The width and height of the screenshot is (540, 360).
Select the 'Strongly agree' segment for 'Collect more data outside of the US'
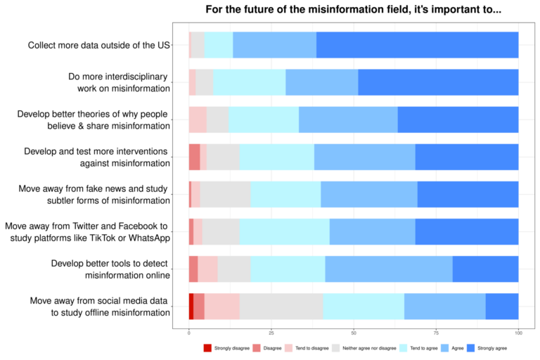pyautogui.click(x=417, y=45)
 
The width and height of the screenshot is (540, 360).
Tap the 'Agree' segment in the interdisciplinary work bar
pyautogui.click(x=321, y=82)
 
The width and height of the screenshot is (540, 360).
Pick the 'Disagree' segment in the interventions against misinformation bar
pyautogui.click(x=194, y=157)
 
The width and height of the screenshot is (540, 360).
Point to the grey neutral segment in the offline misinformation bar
pyautogui.click(x=281, y=306)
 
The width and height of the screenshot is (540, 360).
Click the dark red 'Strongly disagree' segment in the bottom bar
pyautogui.click(x=191, y=306)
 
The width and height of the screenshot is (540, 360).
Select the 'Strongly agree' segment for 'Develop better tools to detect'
pyautogui.click(x=485, y=269)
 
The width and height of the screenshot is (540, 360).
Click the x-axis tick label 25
pyautogui.click(x=271, y=332)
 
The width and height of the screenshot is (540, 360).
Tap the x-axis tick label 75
pyautogui.click(x=436, y=332)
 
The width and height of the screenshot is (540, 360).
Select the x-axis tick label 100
pyautogui.click(x=518, y=332)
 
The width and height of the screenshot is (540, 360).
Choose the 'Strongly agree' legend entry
pyautogui.click(x=488, y=347)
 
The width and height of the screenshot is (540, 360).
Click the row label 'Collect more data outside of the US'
pyautogui.click(x=98, y=45)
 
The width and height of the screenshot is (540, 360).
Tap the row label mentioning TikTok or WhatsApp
pyautogui.click(x=87, y=231)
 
